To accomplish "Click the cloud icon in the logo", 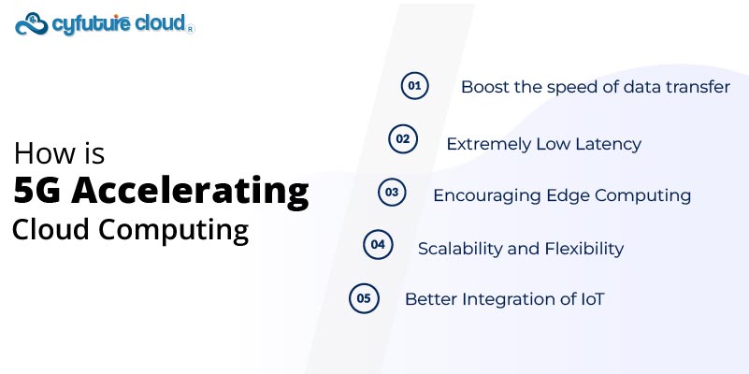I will point(33,22).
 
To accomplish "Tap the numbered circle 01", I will point(413,86).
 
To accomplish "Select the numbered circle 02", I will point(402,139).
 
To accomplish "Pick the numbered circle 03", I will point(391,192).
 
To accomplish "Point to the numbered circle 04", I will point(377,245).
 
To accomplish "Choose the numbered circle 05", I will point(363,298).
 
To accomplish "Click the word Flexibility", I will point(587,249).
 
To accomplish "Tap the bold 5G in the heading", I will point(38,191).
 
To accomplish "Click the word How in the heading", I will point(39,153).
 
